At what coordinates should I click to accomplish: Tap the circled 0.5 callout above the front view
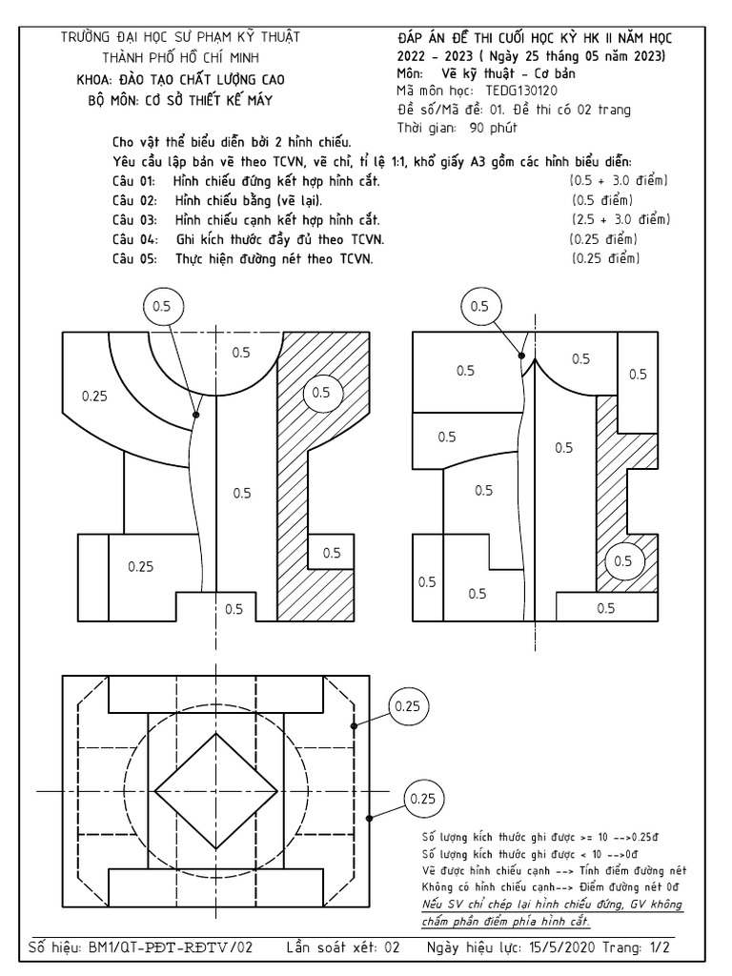161,306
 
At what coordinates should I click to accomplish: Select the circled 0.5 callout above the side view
479,306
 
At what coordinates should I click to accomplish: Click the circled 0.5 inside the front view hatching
321,393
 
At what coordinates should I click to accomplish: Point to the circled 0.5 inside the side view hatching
622,561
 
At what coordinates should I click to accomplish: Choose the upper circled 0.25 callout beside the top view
407,706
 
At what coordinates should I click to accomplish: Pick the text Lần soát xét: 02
343,949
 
